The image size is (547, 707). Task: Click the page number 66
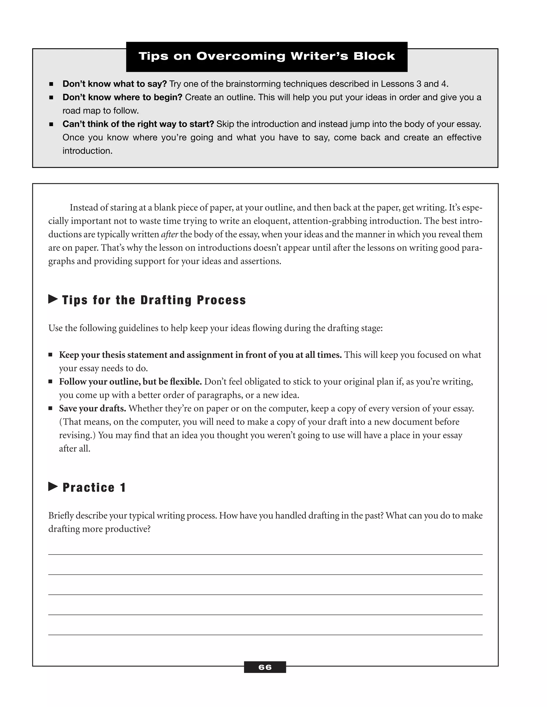coord(265,667)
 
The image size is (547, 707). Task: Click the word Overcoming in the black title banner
coord(241,56)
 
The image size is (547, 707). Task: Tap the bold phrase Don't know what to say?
coord(114,84)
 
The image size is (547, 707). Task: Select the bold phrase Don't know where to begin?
coord(122,97)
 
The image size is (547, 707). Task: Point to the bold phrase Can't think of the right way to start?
coord(138,124)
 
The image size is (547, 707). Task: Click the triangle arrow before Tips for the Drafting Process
coord(53,299)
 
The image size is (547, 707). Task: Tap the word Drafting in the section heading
coord(166,300)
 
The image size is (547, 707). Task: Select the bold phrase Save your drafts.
coord(92,408)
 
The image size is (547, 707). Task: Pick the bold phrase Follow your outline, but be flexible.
coord(130,382)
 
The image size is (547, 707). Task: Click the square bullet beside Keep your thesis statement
coord(50,355)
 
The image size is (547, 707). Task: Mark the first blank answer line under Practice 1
coord(265,554)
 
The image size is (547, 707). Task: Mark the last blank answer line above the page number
coord(265,634)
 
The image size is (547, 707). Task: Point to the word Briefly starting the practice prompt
coord(61,515)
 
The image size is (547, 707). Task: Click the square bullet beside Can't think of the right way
coord(51,124)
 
